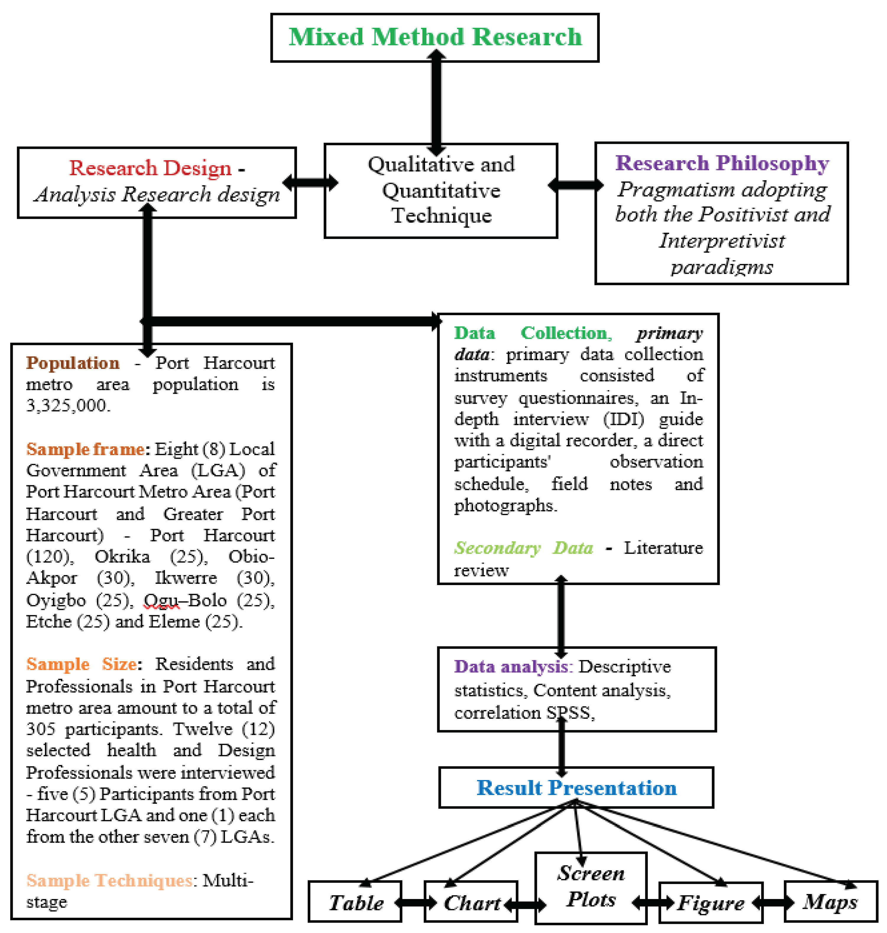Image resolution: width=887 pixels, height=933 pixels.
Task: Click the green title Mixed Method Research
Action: click(x=435, y=37)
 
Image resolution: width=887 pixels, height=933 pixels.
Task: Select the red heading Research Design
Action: click(x=150, y=168)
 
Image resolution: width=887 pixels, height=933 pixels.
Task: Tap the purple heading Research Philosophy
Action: click(x=722, y=163)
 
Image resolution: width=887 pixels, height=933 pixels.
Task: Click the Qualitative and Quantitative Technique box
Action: click(x=441, y=190)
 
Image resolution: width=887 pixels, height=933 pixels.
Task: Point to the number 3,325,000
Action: click(x=68, y=405)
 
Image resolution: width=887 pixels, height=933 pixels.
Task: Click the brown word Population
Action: click(x=73, y=363)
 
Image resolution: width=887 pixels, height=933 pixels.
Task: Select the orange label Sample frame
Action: click(x=85, y=449)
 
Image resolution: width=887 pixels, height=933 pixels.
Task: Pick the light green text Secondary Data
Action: click(x=523, y=548)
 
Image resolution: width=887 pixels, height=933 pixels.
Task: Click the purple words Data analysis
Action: click(x=511, y=667)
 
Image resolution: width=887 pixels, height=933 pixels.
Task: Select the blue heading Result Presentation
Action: click(x=576, y=787)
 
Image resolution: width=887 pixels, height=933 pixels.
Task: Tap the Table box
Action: click(x=356, y=903)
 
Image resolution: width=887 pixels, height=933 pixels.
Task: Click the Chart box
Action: click(x=471, y=903)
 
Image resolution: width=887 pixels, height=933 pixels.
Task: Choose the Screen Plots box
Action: click(x=591, y=886)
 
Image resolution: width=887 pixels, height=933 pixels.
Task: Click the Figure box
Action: click(x=711, y=903)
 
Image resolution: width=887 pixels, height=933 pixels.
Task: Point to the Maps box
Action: click(x=830, y=901)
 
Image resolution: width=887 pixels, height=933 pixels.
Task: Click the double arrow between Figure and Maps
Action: click(x=774, y=903)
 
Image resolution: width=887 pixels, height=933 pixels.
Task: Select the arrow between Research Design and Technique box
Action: click(x=310, y=182)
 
